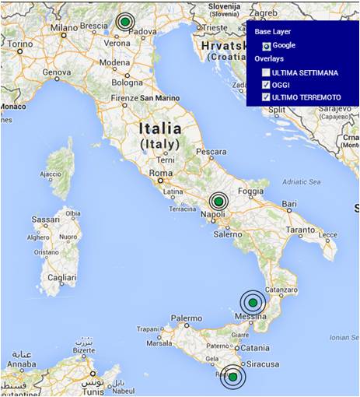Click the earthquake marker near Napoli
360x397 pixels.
218,202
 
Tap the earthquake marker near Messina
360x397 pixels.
251,302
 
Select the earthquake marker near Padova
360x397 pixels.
124,22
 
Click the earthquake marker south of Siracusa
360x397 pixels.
232,377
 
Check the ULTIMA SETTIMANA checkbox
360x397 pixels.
266,72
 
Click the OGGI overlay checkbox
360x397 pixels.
266,85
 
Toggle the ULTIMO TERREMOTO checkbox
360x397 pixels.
266,97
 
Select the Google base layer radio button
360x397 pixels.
266,46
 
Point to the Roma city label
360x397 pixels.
160,173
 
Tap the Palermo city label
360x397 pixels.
187,318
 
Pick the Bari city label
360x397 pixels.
290,204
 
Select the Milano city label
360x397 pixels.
65,28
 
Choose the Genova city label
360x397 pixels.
57,72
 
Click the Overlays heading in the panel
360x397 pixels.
270,59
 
